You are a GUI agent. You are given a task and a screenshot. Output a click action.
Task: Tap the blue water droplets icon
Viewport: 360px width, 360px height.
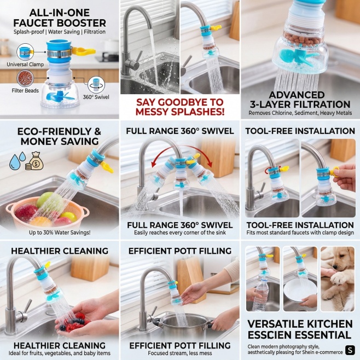coord(17,160)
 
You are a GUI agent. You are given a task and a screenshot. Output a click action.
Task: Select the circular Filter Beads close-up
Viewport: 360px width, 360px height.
coord(25,78)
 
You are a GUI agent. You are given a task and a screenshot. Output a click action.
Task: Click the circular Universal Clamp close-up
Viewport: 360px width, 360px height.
coord(25,53)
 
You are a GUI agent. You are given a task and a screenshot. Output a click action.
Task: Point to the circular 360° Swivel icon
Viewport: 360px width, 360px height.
coord(96,85)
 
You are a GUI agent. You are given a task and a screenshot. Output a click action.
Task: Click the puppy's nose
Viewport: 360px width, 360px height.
coord(335,268)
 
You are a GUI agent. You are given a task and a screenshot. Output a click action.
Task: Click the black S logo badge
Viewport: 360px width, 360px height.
coord(350,350)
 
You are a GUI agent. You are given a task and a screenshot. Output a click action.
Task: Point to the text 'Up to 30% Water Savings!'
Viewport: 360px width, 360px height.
coord(60,233)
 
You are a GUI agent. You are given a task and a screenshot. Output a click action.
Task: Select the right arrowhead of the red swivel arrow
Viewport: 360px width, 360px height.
coord(210,164)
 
